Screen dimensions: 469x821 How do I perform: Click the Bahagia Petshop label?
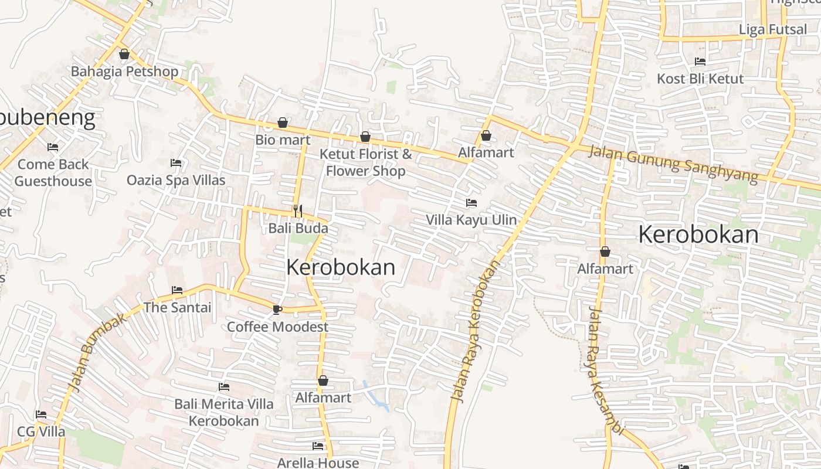[x=124, y=72]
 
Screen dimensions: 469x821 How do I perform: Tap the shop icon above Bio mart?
[x=283, y=123]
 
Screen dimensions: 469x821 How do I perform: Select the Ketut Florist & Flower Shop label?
[x=365, y=162]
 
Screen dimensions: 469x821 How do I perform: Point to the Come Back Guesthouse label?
[x=53, y=172]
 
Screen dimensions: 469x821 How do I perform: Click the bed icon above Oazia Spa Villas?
[x=176, y=162]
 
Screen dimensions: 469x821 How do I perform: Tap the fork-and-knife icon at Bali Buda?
[x=298, y=210]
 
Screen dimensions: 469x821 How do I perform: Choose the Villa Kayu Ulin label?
[x=471, y=220]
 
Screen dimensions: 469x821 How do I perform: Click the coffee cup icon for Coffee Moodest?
[x=277, y=309]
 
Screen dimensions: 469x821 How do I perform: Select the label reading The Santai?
[x=177, y=307]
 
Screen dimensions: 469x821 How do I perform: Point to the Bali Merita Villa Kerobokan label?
[x=223, y=412]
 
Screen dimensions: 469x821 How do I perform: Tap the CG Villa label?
[x=41, y=431]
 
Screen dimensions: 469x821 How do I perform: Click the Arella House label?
[x=318, y=463]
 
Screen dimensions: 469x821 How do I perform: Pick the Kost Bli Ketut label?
[x=700, y=79]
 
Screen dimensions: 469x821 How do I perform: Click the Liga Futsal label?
[x=773, y=29]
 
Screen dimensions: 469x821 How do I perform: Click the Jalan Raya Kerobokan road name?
[x=475, y=331]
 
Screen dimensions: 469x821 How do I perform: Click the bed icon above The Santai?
[x=177, y=290]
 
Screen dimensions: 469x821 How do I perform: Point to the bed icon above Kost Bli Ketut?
[x=700, y=61]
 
